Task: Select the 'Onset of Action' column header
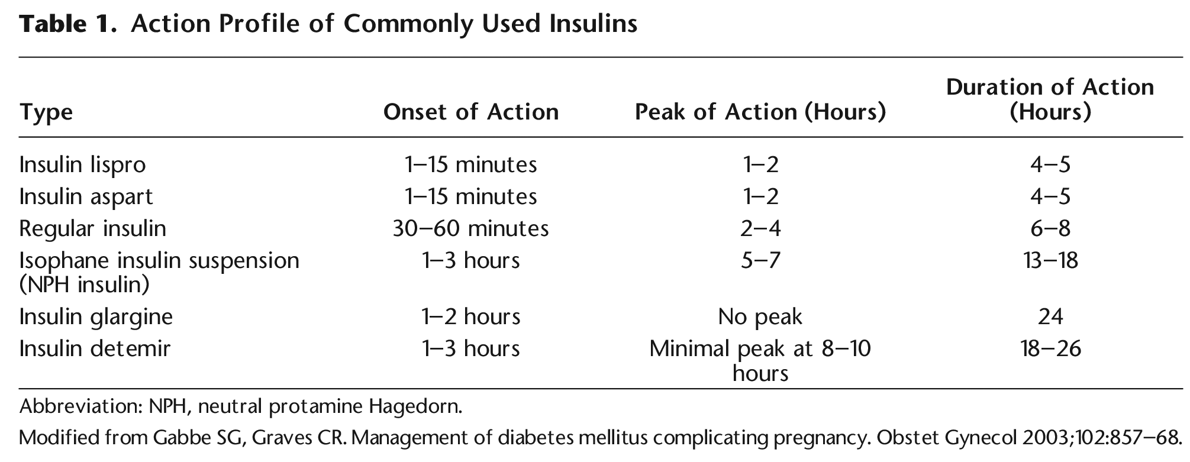click(x=470, y=112)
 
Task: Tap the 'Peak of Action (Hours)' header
click(x=760, y=112)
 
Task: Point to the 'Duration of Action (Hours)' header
click(x=1050, y=99)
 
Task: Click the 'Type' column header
click(x=46, y=112)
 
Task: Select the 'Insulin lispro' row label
click(x=82, y=164)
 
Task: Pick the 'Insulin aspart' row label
click(x=86, y=196)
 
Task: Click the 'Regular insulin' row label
click(x=92, y=228)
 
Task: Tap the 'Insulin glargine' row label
click(x=96, y=316)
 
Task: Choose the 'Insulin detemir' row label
click(x=95, y=348)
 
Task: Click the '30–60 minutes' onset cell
click(x=470, y=228)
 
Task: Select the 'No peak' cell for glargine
click(x=760, y=316)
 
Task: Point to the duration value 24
click(x=1050, y=316)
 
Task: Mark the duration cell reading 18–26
click(x=1050, y=348)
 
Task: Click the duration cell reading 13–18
click(x=1050, y=260)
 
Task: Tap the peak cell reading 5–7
click(x=760, y=260)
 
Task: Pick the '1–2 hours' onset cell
click(x=470, y=316)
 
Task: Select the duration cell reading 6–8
click(x=1050, y=228)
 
